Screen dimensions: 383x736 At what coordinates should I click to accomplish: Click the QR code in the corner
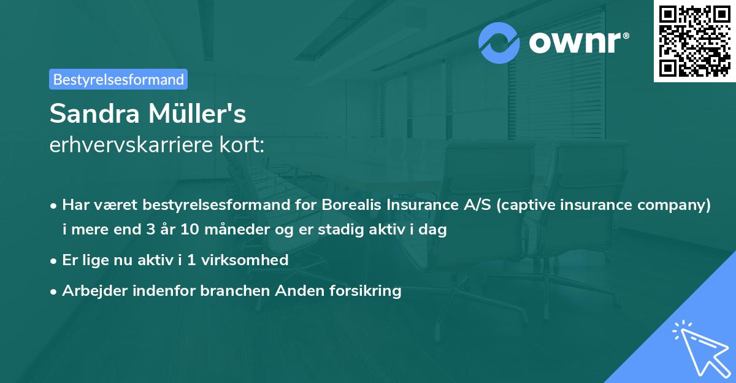(x=694, y=41)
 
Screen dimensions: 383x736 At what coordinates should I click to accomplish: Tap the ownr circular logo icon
(x=499, y=42)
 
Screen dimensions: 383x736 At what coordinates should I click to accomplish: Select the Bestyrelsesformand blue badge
(x=118, y=79)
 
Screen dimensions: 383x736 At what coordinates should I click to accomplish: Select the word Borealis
(x=348, y=204)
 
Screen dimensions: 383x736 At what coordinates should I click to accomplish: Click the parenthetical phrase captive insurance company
(x=604, y=204)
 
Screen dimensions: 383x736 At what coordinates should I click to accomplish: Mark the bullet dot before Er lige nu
(x=54, y=261)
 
